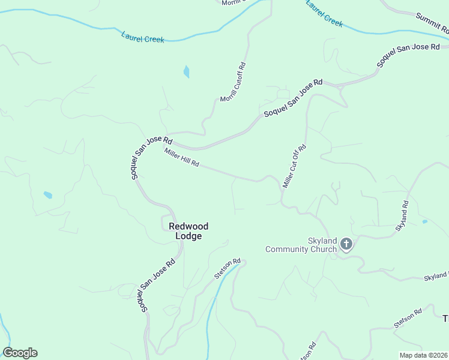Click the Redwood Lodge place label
tap(188, 231)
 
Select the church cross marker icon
tap(346, 244)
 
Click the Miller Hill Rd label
tap(181, 158)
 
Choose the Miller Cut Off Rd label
tap(294, 166)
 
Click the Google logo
tap(20, 353)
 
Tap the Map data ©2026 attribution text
tap(423, 355)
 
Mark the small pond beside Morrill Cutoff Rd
tap(186, 72)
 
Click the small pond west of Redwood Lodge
tap(47, 195)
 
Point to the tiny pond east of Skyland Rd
tap(425, 222)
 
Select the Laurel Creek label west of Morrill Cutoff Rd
tap(142, 37)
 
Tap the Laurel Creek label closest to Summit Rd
tap(324, 13)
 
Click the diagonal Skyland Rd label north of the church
tap(402, 216)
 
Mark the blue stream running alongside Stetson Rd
tap(211, 312)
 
